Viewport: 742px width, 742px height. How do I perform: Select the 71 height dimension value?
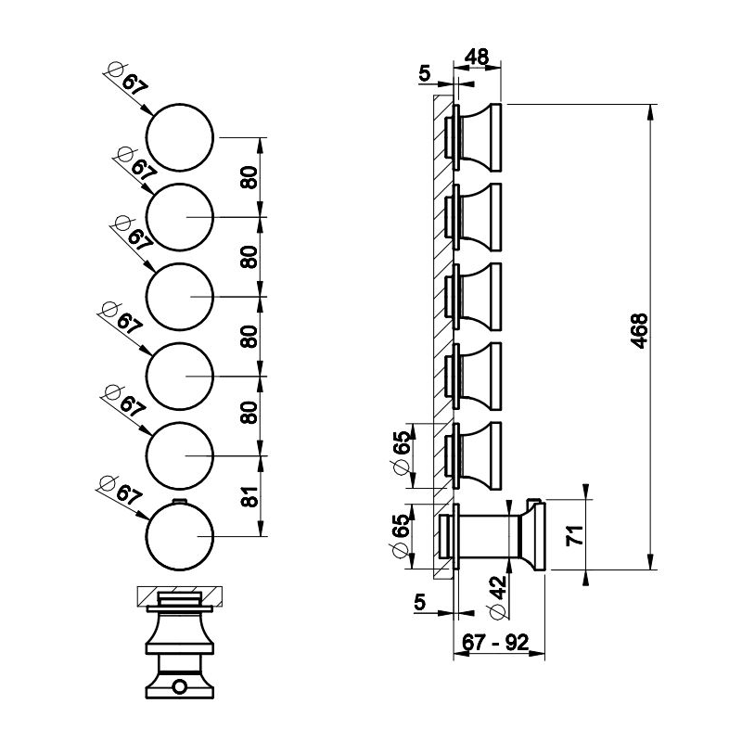click(x=575, y=537)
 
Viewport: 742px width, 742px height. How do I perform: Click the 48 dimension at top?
click(x=477, y=58)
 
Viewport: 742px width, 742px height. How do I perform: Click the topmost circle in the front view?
click(x=181, y=137)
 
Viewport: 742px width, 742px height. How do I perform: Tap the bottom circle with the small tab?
click(x=180, y=536)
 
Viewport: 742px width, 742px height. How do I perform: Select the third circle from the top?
click(x=181, y=297)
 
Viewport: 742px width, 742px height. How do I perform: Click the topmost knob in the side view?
click(x=477, y=137)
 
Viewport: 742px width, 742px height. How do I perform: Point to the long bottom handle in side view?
click(x=492, y=536)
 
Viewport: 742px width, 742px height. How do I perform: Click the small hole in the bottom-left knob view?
click(x=179, y=687)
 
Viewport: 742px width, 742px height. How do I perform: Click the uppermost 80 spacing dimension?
click(x=249, y=177)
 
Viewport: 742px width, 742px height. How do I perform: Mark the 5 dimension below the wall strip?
click(x=420, y=602)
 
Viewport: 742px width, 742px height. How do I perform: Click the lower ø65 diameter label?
click(x=401, y=537)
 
